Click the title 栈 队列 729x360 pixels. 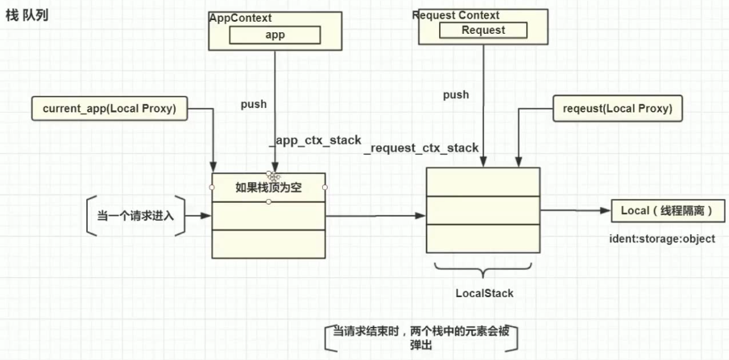[27, 14]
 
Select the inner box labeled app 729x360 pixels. [275, 35]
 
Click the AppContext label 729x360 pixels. [241, 17]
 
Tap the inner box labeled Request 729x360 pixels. [483, 30]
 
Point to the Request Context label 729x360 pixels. [456, 15]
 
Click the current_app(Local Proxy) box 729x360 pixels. [109, 108]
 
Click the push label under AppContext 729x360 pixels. [254, 104]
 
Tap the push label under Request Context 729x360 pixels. [456, 94]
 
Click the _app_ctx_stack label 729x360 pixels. [315, 139]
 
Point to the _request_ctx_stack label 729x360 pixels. [421, 148]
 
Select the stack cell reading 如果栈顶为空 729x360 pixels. [268, 188]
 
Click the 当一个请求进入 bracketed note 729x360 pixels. [135, 215]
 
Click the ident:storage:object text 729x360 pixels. [663, 239]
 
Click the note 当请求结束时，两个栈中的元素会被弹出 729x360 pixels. [422, 337]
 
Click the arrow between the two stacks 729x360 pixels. [375, 216]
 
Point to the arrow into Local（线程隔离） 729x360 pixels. [575, 210]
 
